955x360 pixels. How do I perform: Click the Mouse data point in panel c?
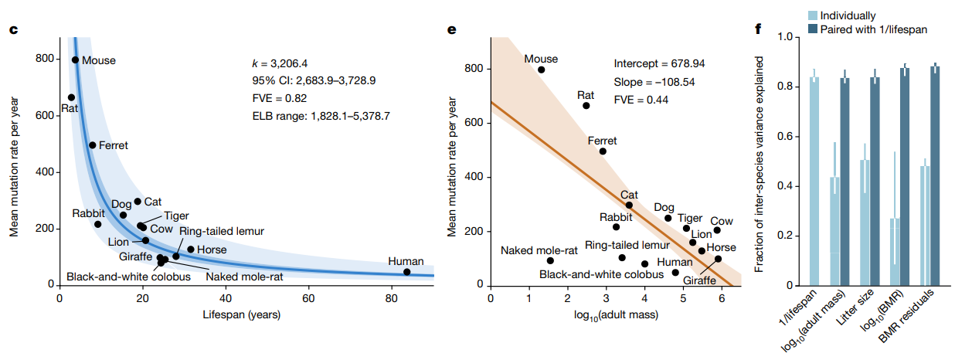pos(75,59)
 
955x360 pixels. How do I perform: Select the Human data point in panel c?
pos(407,272)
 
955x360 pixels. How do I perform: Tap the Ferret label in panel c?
pos(113,145)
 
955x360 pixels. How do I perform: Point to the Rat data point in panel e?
pos(586,105)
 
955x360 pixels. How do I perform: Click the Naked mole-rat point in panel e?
pos(549,260)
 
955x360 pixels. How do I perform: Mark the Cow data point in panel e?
pos(717,230)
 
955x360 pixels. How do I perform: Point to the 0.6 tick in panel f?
pos(785,136)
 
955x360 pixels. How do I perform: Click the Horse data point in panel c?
pos(191,250)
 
